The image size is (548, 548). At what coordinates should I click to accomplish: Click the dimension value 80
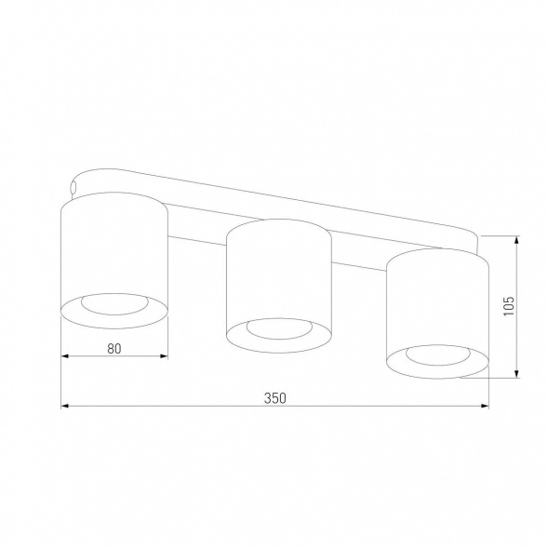coord(114,349)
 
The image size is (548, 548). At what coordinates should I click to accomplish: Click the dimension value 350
coord(274,398)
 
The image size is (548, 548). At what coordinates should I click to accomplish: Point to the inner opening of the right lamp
coord(437,355)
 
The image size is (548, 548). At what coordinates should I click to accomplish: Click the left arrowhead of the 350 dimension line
coord(65,406)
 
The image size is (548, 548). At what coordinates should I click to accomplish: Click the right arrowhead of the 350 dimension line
coord(485,406)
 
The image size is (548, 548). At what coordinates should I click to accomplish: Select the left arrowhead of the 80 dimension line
coord(65,356)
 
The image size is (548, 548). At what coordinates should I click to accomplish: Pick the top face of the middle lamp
coord(278,228)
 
